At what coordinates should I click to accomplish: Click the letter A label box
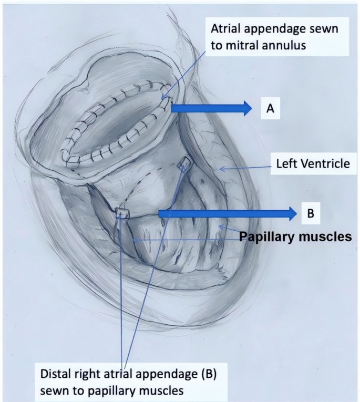270,108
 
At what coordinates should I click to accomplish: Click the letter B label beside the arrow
310,213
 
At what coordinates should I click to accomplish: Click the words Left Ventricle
313,164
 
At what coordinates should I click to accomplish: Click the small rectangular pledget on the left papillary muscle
122,212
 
